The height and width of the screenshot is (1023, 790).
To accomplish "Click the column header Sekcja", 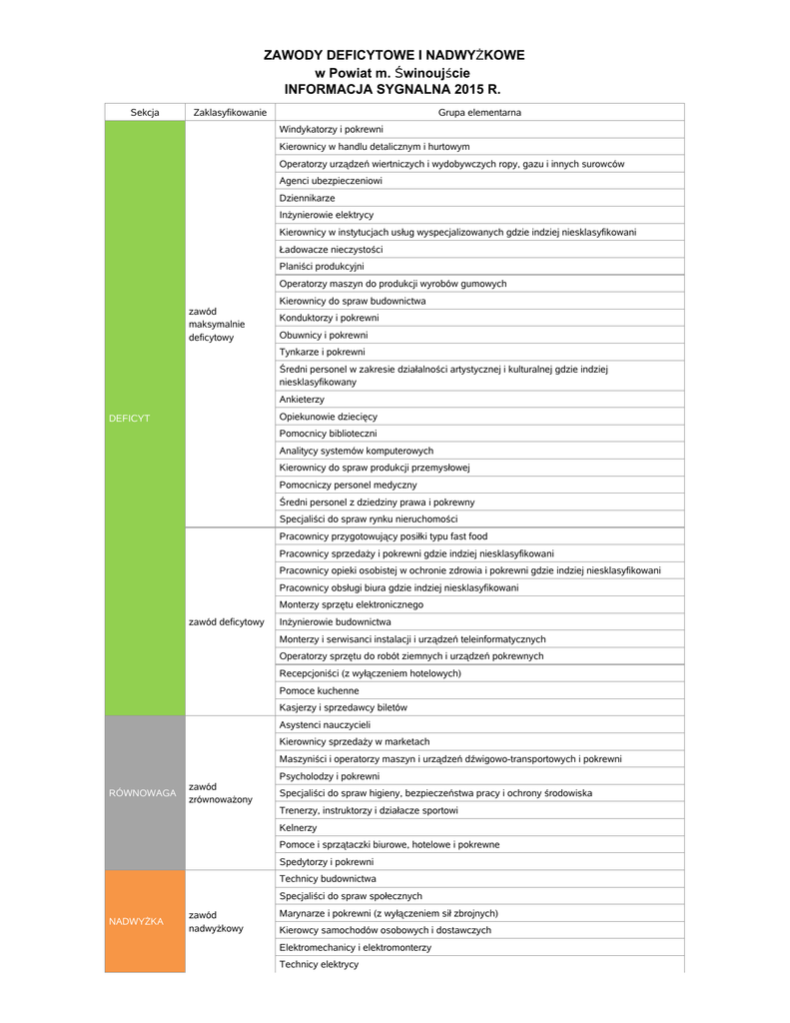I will pyautogui.click(x=145, y=113).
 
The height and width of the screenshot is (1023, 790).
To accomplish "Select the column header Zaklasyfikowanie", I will pyautogui.click(x=230, y=113).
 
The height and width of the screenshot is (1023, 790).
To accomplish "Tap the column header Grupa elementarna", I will pyautogui.click(x=479, y=113).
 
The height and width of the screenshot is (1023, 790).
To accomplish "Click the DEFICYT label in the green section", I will pyautogui.click(x=129, y=418).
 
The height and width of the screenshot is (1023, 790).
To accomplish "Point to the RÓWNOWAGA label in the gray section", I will pyautogui.click(x=142, y=793).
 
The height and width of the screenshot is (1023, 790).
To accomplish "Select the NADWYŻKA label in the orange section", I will pyautogui.click(x=136, y=921).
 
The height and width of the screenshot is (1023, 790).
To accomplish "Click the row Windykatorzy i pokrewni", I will pyautogui.click(x=331, y=130).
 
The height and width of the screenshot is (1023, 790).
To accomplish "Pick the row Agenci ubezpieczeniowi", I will pyautogui.click(x=331, y=181).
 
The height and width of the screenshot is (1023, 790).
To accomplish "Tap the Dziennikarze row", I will pyautogui.click(x=308, y=198).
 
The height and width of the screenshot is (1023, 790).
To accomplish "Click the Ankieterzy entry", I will pyautogui.click(x=303, y=400).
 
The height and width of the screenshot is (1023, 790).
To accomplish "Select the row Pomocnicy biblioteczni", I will pyautogui.click(x=329, y=434).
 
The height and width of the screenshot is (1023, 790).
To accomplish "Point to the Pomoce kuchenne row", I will pyautogui.click(x=320, y=690).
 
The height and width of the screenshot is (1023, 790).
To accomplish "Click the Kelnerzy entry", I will pyautogui.click(x=299, y=827).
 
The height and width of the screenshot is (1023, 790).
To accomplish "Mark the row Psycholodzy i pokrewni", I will pyautogui.click(x=330, y=776).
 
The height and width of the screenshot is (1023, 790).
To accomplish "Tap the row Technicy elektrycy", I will pyautogui.click(x=319, y=964).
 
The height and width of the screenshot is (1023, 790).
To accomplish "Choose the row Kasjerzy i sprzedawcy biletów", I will pyautogui.click(x=344, y=707).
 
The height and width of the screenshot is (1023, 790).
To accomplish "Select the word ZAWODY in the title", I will pyautogui.click(x=296, y=55).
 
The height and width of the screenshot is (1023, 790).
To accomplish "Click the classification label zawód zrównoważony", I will pyautogui.click(x=221, y=793).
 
